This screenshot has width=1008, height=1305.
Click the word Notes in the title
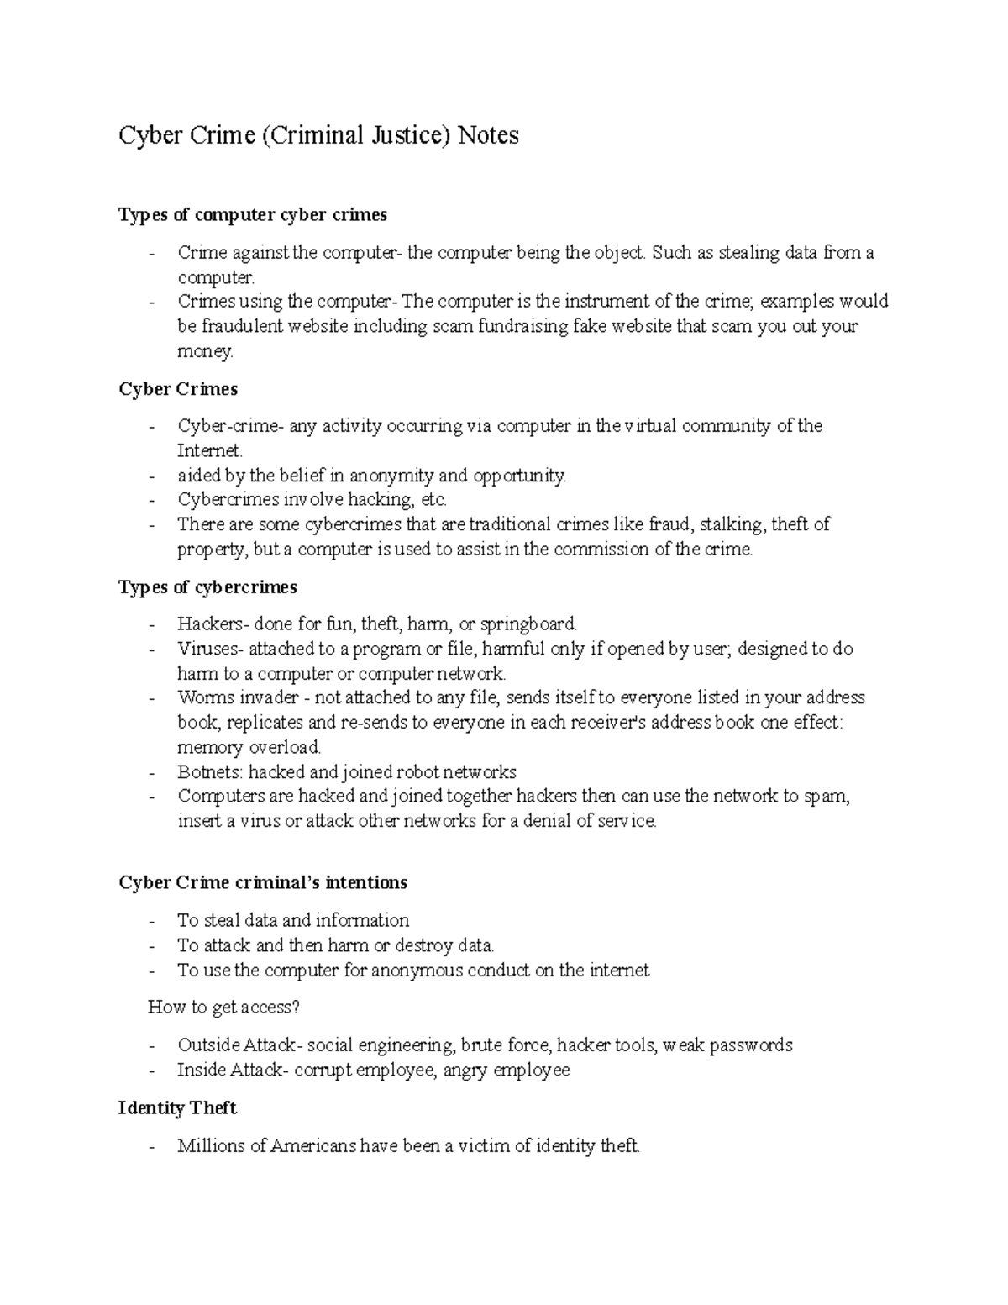tap(487, 135)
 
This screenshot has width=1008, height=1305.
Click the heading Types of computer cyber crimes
tap(253, 215)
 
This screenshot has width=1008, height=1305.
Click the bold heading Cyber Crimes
tap(178, 389)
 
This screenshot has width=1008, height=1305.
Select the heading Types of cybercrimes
tap(207, 587)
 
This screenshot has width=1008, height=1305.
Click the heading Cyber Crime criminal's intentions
tap(263, 882)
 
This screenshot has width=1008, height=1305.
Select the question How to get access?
tap(223, 1007)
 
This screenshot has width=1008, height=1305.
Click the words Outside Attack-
tap(239, 1045)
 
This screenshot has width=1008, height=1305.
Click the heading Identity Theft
tap(177, 1108)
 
